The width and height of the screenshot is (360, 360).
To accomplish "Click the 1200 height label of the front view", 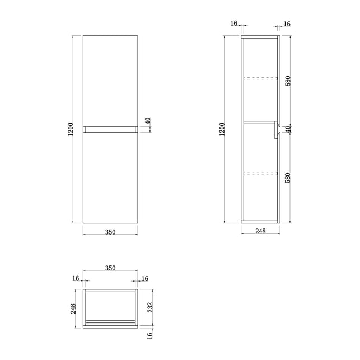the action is click(x=71, y=129).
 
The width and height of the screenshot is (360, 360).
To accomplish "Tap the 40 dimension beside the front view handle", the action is click(x=148, y=121).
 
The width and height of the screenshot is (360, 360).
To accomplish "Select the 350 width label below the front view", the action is click(x=110, y=232).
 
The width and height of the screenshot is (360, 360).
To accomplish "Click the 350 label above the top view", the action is click(x=110, y=268).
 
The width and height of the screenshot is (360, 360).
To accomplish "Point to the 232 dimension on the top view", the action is click(x=149, y=307).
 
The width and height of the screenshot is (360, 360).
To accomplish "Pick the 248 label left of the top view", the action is click(x=73, y=308).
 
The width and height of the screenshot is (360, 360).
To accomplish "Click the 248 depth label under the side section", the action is click(x=260, y=231).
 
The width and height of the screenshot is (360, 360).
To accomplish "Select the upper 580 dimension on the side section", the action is click(x=288, y=81).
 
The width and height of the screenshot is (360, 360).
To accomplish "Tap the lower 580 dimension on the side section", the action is click(x=288, y=177).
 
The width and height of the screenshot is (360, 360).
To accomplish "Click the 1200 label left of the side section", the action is click(x=222, y=129).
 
